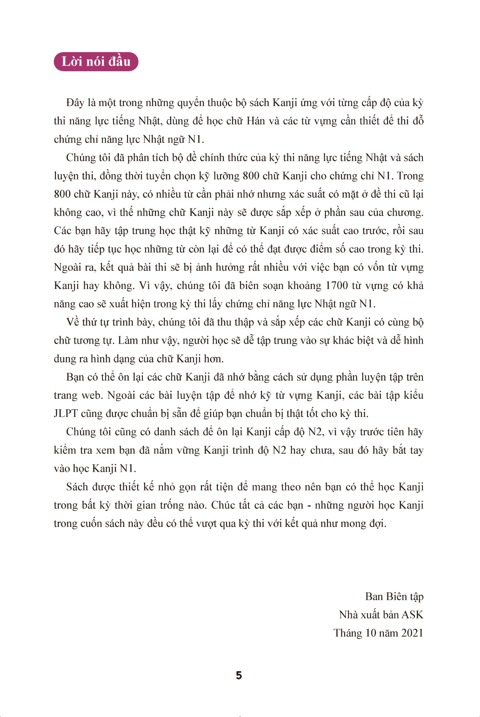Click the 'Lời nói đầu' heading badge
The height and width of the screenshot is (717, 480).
pyautogui.click(x=96, y=62)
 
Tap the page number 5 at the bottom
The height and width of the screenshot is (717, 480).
pyautogui.click(x=239, y=675)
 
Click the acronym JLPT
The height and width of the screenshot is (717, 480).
pyautogui.click(x=66, y=413)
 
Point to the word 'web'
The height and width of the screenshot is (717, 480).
pyautogui.click(x=92, y=395)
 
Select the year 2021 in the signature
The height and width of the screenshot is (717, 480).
pyautogui.click(x=410, y=633)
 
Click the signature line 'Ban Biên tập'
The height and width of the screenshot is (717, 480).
pyautogui.click(x=394, y=597)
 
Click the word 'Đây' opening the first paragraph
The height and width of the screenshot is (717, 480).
pyautogui.click(x=75, y=103)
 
